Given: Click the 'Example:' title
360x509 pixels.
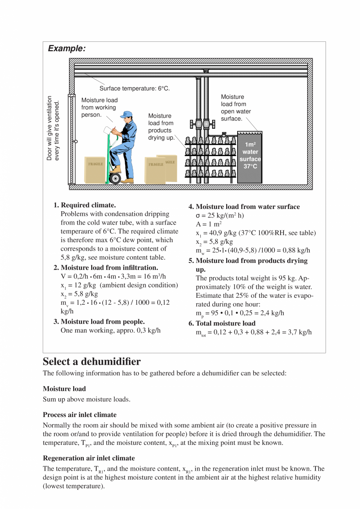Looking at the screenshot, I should coord(67,49).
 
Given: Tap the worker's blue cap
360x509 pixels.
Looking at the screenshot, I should coord(126,114).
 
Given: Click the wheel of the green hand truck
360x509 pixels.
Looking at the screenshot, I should coord(115,178).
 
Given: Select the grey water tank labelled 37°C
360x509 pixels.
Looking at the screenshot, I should coord(250,157).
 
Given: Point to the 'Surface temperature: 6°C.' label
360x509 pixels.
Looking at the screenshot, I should coord(134,88).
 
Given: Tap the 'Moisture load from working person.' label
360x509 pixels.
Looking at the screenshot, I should coord(99,108).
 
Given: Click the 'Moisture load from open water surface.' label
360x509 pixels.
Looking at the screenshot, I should coord(236,108).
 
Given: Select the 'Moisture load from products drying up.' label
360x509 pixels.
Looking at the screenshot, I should coord(160,127).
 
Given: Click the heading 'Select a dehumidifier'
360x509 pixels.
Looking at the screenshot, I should coord(92,361).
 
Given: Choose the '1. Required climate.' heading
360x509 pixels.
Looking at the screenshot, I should coord(85,205).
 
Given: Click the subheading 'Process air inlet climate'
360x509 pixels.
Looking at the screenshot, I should coord(79,414).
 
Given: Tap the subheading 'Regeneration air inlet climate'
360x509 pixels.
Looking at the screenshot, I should coord(88,458).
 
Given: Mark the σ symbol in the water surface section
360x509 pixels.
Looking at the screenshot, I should coord(198,216).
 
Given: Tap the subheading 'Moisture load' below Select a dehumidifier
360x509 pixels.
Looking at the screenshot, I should coord(64,388).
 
